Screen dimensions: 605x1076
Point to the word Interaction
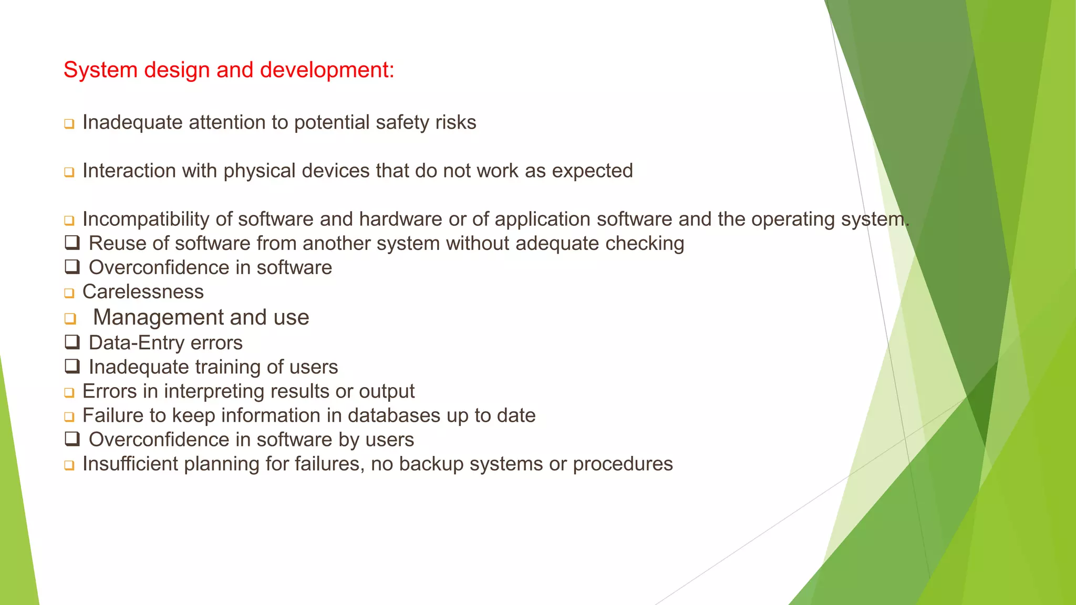[x=129, y=171]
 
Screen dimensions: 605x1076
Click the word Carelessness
[x=143, y=291]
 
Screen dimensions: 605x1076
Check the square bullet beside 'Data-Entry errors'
[x=72, y=342]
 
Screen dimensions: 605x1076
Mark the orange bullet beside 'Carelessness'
[x=69, y=293]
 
